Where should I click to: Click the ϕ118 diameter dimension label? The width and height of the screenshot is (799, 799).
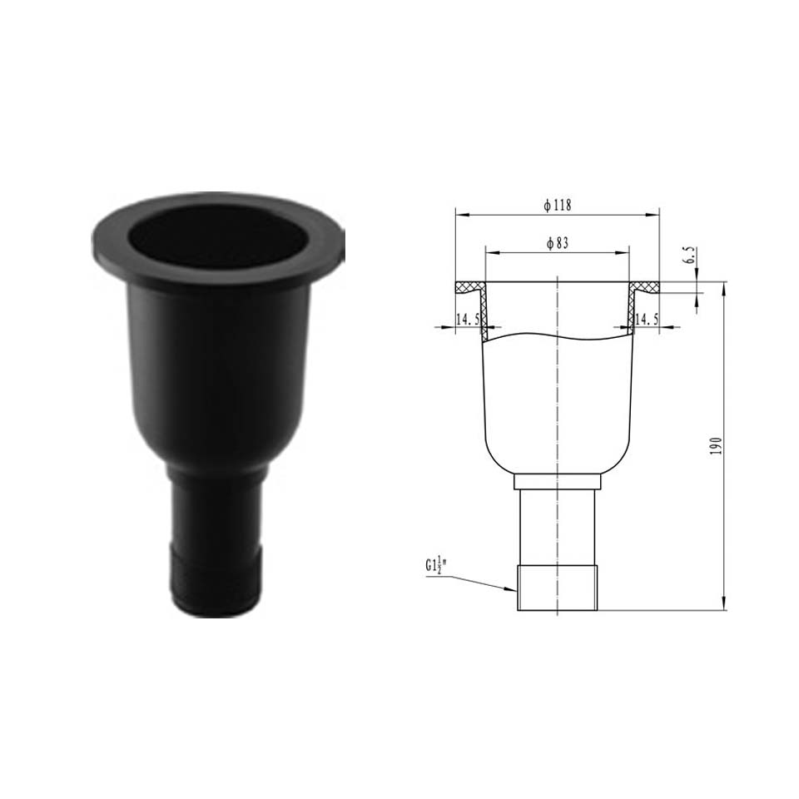coord(558,205)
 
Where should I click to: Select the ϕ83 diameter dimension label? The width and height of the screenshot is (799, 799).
coord(558,244)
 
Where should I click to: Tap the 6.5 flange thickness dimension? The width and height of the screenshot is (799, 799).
coord(691,255)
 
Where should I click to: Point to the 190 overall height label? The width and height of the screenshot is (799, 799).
coord(717,446)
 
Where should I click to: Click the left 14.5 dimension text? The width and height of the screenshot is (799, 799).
coord(467,320)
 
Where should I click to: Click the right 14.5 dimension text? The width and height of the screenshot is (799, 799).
coord(647,320)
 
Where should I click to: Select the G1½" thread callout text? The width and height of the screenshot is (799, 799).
coord(436,566)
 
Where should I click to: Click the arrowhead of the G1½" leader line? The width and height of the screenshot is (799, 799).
coord(513,589)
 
